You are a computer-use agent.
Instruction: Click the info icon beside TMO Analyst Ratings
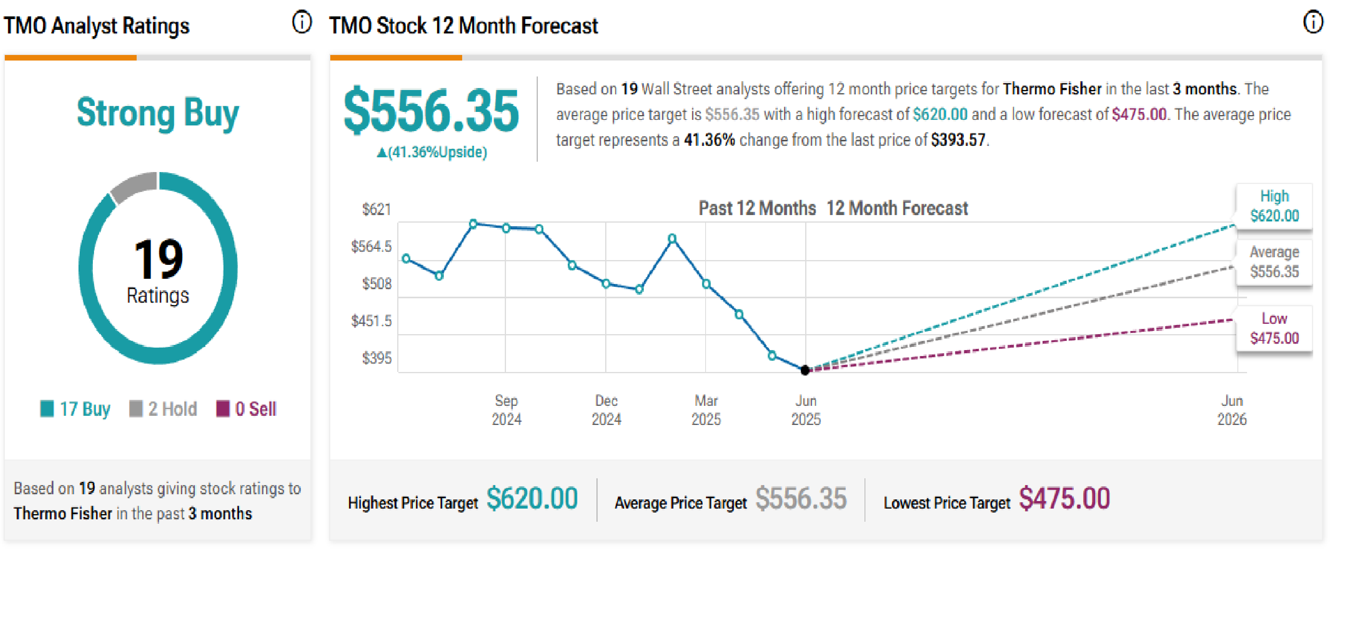302,23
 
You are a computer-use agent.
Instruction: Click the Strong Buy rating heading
157,113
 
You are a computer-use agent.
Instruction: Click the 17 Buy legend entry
76,409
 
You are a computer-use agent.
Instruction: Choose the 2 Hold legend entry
163,409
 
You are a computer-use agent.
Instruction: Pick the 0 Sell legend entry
246,409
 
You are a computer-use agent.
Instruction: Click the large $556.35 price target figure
431,111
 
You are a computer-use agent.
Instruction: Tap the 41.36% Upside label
432,152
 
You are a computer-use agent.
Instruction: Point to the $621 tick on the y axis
376,209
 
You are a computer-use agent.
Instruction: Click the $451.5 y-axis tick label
371,321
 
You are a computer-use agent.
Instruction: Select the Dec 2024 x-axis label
606,410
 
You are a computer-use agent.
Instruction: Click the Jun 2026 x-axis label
1231,410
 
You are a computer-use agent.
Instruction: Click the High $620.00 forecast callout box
1274,206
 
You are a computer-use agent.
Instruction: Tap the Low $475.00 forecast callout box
1274,329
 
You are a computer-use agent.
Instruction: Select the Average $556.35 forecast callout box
1274,262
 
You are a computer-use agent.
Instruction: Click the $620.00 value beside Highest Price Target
531,499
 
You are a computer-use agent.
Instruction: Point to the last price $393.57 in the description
958,140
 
